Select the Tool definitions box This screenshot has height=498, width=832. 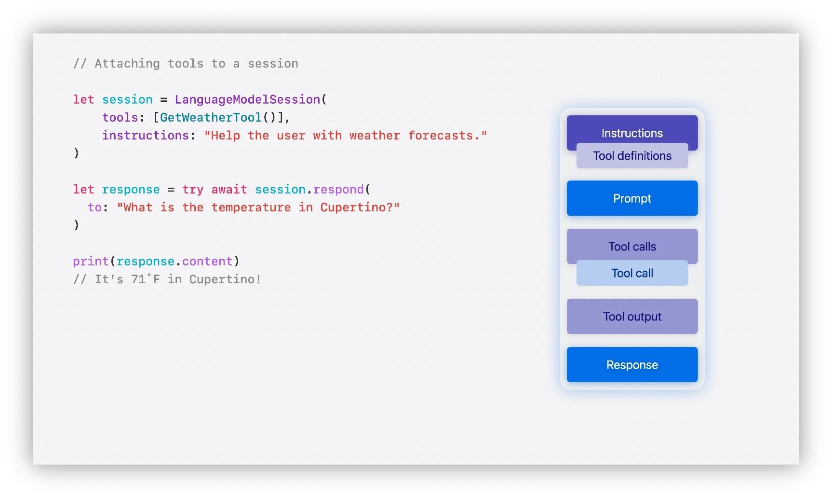tap(632, 156)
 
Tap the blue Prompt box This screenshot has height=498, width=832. tap(632, 198)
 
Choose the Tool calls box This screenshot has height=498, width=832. tap(632, 245)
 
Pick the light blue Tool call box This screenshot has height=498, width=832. tap(632, 273)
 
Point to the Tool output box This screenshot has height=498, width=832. tap(632, 317)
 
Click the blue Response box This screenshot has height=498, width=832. tap(632, 365)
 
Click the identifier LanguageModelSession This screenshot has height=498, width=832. tap(247, 99)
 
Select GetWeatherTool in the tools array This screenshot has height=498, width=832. tap(211, 117)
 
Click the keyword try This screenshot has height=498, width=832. tap(193, 190)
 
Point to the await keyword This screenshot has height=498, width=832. tap(229, 190)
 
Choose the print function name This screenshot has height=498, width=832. tap(91, 262)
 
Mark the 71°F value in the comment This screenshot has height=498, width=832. tap(146, 279)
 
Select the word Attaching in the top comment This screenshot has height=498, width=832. tap(127, 64)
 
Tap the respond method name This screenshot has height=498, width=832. tap(338, 190)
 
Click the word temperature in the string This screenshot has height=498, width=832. tap(251, 207)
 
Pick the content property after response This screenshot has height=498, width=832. tap(207, 262)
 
